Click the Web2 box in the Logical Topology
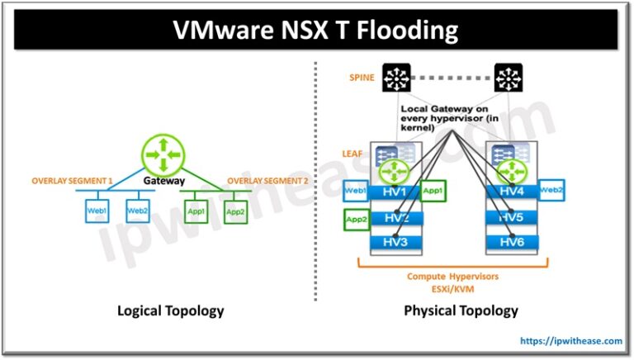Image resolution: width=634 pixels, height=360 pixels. coord(136,211)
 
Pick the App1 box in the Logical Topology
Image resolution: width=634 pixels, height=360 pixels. coord(196,211)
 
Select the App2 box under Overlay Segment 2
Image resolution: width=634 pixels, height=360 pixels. coord(236,211)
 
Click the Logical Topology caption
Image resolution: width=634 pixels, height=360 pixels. coord(170,310)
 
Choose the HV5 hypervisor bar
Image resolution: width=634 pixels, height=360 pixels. coord(513,218)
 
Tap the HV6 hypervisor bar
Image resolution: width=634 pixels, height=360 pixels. coord(513,243)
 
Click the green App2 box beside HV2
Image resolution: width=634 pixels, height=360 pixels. coord(356,220)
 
